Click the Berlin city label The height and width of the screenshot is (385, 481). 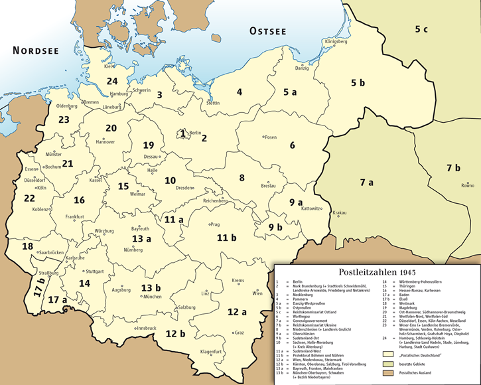coord(195,133)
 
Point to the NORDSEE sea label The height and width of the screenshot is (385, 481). coord(35,50)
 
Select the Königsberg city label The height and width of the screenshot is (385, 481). coord(335,41)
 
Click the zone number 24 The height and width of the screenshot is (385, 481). coord(112,81)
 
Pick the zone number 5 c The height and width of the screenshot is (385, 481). coord(421,29)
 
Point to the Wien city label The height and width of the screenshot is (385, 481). coord(257,293)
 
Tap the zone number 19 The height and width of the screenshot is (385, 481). coord(149,145)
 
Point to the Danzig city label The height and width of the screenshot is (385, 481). coord(302,68)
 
